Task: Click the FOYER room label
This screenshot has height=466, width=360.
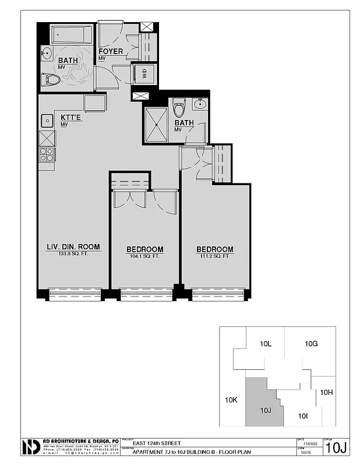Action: point(111,51)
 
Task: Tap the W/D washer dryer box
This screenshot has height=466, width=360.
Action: point(144,73)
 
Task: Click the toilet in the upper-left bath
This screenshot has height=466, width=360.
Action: point(51,79)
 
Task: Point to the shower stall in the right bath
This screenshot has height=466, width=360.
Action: point(156,125)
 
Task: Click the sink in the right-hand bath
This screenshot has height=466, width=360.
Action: point(200,105)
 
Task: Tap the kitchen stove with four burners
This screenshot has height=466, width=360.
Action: point(46,154)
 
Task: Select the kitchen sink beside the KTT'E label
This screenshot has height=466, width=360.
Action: point(47,121)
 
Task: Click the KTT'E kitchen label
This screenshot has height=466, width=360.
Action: point(72,118)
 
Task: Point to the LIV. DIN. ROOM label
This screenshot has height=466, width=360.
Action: point(73,248)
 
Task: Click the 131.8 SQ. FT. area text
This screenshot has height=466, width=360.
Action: point(73,254)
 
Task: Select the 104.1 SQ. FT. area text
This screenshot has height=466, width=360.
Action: point(145,256)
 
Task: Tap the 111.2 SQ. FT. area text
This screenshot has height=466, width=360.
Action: point(215,256)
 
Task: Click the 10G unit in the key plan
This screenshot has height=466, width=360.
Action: point(311,344)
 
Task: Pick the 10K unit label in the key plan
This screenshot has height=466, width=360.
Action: point(231,400)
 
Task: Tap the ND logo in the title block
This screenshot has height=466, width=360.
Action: point(30,447)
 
